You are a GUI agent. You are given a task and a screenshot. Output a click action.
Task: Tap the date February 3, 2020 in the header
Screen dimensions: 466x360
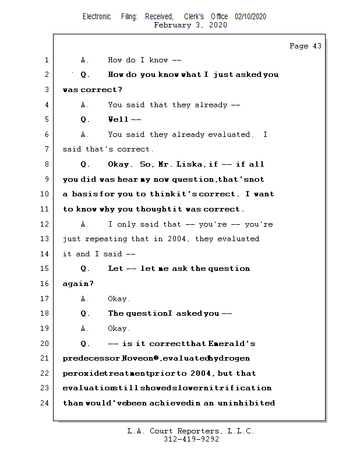pos(190,25)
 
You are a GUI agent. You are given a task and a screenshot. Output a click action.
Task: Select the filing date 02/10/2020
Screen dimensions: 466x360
pos(250,16)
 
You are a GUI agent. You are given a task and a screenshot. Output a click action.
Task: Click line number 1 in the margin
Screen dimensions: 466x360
pos(46,60)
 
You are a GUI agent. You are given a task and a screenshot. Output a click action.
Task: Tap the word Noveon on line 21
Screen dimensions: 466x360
pos(137,358)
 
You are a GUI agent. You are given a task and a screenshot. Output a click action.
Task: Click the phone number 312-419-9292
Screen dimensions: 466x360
pos(191,439)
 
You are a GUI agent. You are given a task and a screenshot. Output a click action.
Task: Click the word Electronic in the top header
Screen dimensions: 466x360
pos(97,16)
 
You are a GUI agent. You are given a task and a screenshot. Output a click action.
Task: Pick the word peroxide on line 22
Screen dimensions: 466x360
pos(79,373)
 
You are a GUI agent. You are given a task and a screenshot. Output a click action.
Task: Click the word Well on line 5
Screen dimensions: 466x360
pos(118,119)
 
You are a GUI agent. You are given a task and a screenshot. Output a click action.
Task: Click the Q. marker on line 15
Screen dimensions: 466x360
pos(86,269)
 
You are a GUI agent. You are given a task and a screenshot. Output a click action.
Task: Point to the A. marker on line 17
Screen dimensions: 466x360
pos(85,299)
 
